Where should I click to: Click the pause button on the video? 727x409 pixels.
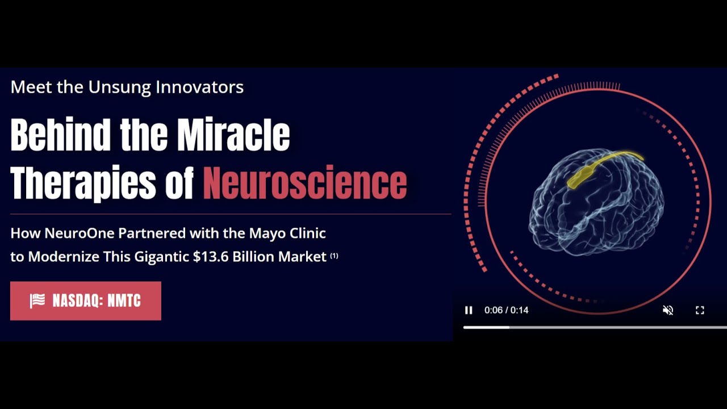[x=469, y=310]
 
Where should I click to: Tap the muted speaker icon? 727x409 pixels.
[x=668, y=310]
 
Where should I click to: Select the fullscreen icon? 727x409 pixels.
[x=700, y=310]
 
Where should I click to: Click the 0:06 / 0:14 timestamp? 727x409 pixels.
[x=506, y=310]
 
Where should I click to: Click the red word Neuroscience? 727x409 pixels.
[x=305, y=183]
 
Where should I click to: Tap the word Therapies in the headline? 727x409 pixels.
[x=83, y=183]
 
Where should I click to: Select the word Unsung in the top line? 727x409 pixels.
[x=120, y=87]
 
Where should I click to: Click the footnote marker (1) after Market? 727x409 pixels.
[x=334, y=256]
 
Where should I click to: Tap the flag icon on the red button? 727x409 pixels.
[x=37, y=301]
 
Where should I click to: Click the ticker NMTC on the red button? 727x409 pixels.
[x=124, y=301]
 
